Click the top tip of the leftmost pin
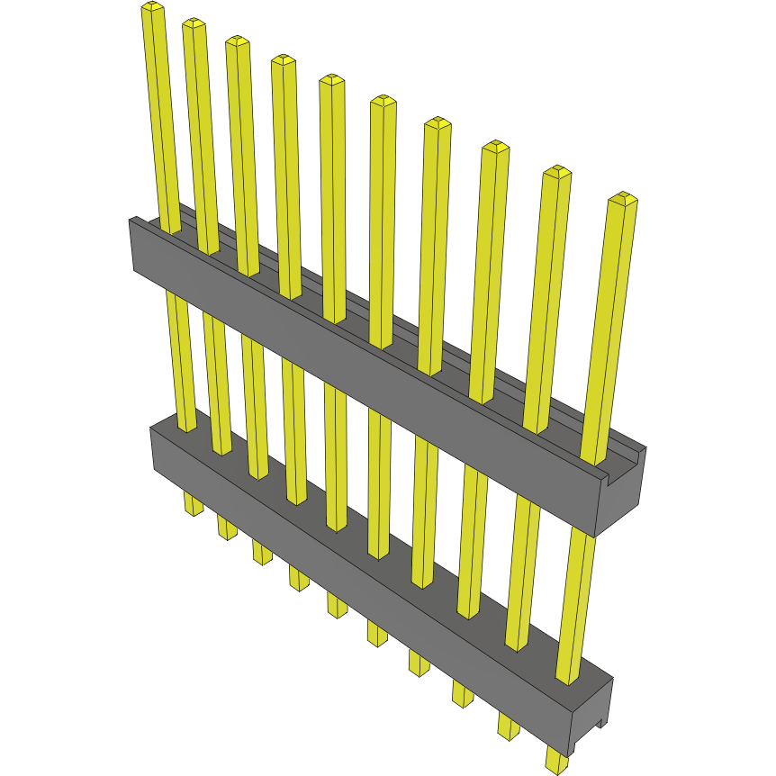tap(152, 8)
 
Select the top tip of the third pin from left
tap(237, 42)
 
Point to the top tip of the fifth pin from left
tap(331, 81)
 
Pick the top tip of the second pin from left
tap(194, 24)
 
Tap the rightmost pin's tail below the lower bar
tap(557, 760)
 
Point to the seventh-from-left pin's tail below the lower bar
tap(420, 663)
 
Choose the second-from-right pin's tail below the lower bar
tap(509, 726)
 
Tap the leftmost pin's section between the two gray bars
tap(179, 360)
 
